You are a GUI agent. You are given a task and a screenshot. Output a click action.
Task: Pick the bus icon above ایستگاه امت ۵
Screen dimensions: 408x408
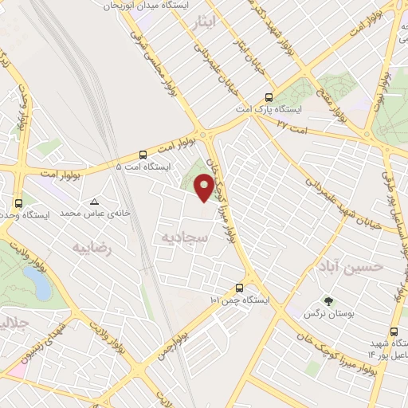pos(143,155)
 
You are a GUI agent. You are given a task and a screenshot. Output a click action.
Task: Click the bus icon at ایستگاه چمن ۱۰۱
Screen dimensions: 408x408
pos(240,288)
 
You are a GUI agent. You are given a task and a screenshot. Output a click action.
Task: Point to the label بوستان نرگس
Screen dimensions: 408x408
pos(328,314)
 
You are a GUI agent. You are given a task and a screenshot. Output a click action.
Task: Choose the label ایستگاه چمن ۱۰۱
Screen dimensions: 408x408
pos(240,300)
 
